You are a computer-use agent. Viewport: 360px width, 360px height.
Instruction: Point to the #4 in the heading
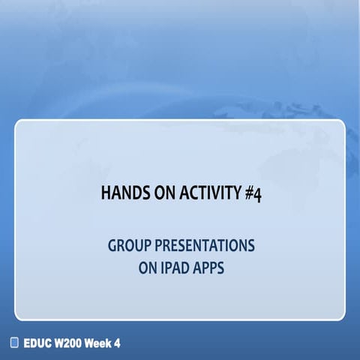[251, 193]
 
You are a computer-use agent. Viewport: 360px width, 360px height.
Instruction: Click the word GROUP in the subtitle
[125, 245]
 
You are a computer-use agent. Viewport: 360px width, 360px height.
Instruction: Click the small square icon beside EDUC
[14, 343]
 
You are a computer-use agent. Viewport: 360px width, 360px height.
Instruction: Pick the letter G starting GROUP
[112, 245]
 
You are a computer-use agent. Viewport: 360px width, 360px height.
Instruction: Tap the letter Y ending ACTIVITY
[234, 193]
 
